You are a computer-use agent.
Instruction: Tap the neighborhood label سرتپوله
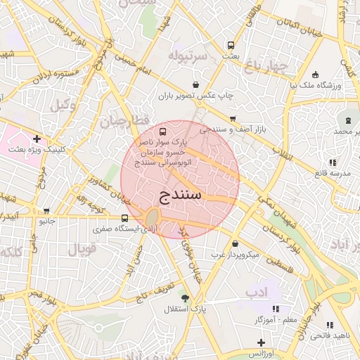point(188,55)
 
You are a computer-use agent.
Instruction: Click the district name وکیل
point(63,105)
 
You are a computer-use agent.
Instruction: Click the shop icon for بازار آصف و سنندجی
point(233,119)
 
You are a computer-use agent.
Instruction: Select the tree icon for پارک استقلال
point(185,298)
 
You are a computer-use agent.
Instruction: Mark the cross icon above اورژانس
point(261,342)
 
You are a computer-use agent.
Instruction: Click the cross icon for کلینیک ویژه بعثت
point(37,139)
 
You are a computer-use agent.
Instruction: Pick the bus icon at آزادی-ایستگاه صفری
point(124,218)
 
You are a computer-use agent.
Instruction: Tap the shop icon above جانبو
point(46,210)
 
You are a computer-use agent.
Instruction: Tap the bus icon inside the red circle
point(163,131)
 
